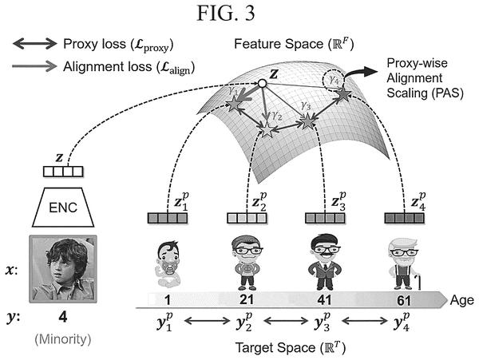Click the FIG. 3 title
tap(225, 13)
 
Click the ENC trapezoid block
tap(63, 208)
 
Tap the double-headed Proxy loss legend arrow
tap(34, 44)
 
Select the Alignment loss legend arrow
tap(34, 66)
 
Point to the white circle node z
tap(262, 83)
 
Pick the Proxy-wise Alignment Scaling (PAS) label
tap(425, 78)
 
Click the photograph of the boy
tap(63, 269)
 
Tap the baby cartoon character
tap(168, 263)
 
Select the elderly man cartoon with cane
tap(404, 264)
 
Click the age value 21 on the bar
tap(246, 300)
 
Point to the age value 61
tap(404, 300)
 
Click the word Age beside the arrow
tap(461, 300)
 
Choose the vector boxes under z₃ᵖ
tap(325, 219)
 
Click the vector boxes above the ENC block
tap(63, 172)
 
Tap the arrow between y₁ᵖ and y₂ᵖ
tap(208, 321)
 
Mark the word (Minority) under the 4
tap(63, 339)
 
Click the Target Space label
tap(291, 348)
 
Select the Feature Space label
tap(294, 44)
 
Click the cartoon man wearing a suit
tap(325, 262)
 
